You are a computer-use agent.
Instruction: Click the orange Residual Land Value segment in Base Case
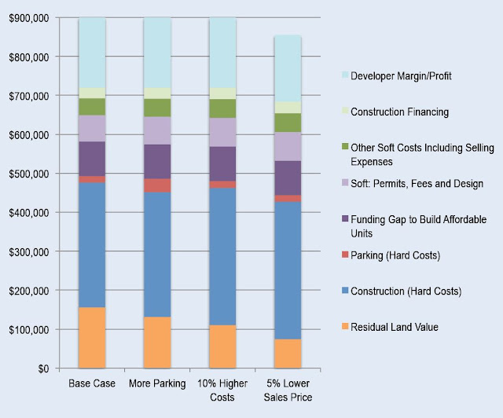pos(92,338)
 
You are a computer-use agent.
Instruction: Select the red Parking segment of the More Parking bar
pos(157,185)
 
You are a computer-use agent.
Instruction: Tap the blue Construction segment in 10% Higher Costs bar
pos(222,257)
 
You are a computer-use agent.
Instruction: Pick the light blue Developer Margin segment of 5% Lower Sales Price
pos(288,68)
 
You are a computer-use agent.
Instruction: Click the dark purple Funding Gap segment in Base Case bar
pos(92,159)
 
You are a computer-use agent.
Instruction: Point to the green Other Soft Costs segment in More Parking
pos(157,108)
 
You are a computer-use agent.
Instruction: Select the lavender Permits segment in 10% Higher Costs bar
pos(222,132)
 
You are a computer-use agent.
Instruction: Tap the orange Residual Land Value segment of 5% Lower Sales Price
pos(288,354)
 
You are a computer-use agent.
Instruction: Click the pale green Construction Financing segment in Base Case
pos(92,93)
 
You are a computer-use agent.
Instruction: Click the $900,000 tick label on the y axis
pos(29,18)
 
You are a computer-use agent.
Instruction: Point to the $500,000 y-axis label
pos(29,174)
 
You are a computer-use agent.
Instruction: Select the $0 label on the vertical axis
pos(44,368)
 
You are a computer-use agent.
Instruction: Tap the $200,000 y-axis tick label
pos(29,291)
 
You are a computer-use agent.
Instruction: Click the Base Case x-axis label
pos(92,383)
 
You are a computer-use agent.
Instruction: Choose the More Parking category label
pos(157,383)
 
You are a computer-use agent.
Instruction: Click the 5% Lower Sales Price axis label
pos(288,390)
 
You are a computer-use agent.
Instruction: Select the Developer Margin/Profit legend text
pos(401,76)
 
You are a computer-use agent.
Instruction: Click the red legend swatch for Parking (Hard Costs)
pos(345,255)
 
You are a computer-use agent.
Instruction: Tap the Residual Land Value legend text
pos(395,327)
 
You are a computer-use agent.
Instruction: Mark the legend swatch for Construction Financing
pos(345,111)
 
